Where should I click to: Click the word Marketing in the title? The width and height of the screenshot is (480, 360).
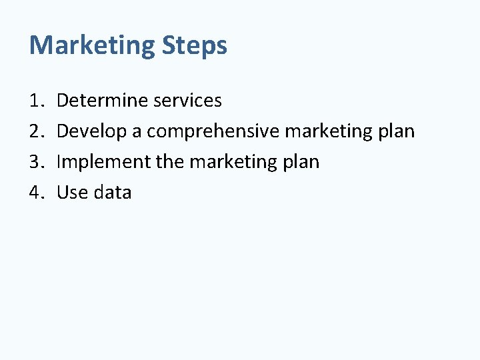(x=91, y=45)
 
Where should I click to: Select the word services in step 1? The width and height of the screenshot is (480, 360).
(x=187, y=101)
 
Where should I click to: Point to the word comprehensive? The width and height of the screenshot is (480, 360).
(x=213, y=131)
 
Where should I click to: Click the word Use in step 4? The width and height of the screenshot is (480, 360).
(x=71, y=193)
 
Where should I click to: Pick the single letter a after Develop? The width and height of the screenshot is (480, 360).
(x=137, y=132)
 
